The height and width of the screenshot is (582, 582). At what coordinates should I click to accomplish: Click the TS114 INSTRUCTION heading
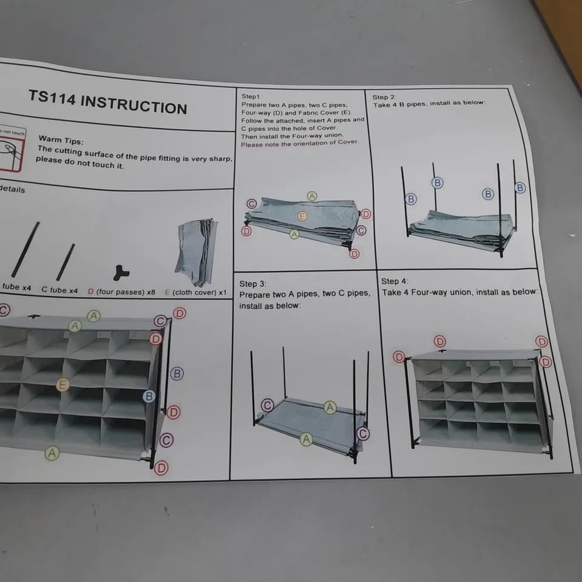click(x=108, y=102)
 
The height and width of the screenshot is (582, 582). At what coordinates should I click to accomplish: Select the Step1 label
click(x=250, y=96)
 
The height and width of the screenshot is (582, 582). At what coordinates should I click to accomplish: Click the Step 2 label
click(x=384, y=97)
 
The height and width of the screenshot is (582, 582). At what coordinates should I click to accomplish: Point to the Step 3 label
click(x=253, y=284)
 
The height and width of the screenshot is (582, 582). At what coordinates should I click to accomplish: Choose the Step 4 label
click(x=395, y=281)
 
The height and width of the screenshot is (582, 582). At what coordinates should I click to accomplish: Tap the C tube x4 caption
click(x=59, y=290)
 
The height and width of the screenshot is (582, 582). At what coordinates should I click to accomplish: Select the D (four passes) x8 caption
click(x=121, y=292)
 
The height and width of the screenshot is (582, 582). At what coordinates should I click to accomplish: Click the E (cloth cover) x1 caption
click(x=195, y=292)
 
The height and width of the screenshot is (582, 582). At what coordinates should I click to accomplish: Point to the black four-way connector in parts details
click(x=121, y=272)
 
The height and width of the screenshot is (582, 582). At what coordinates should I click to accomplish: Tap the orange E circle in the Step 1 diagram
click(x=302, y=216)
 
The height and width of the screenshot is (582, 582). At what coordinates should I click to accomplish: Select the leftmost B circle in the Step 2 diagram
click(x=411, y=199)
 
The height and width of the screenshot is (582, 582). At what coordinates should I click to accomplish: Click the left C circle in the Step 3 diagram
click(x=267, y=405)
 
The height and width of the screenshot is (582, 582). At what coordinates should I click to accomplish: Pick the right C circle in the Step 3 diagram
click(x=363, y=433)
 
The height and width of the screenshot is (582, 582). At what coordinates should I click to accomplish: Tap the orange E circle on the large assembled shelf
click(x=62, y=384)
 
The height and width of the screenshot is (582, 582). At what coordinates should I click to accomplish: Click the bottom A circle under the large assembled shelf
click(x=52, y=453)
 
